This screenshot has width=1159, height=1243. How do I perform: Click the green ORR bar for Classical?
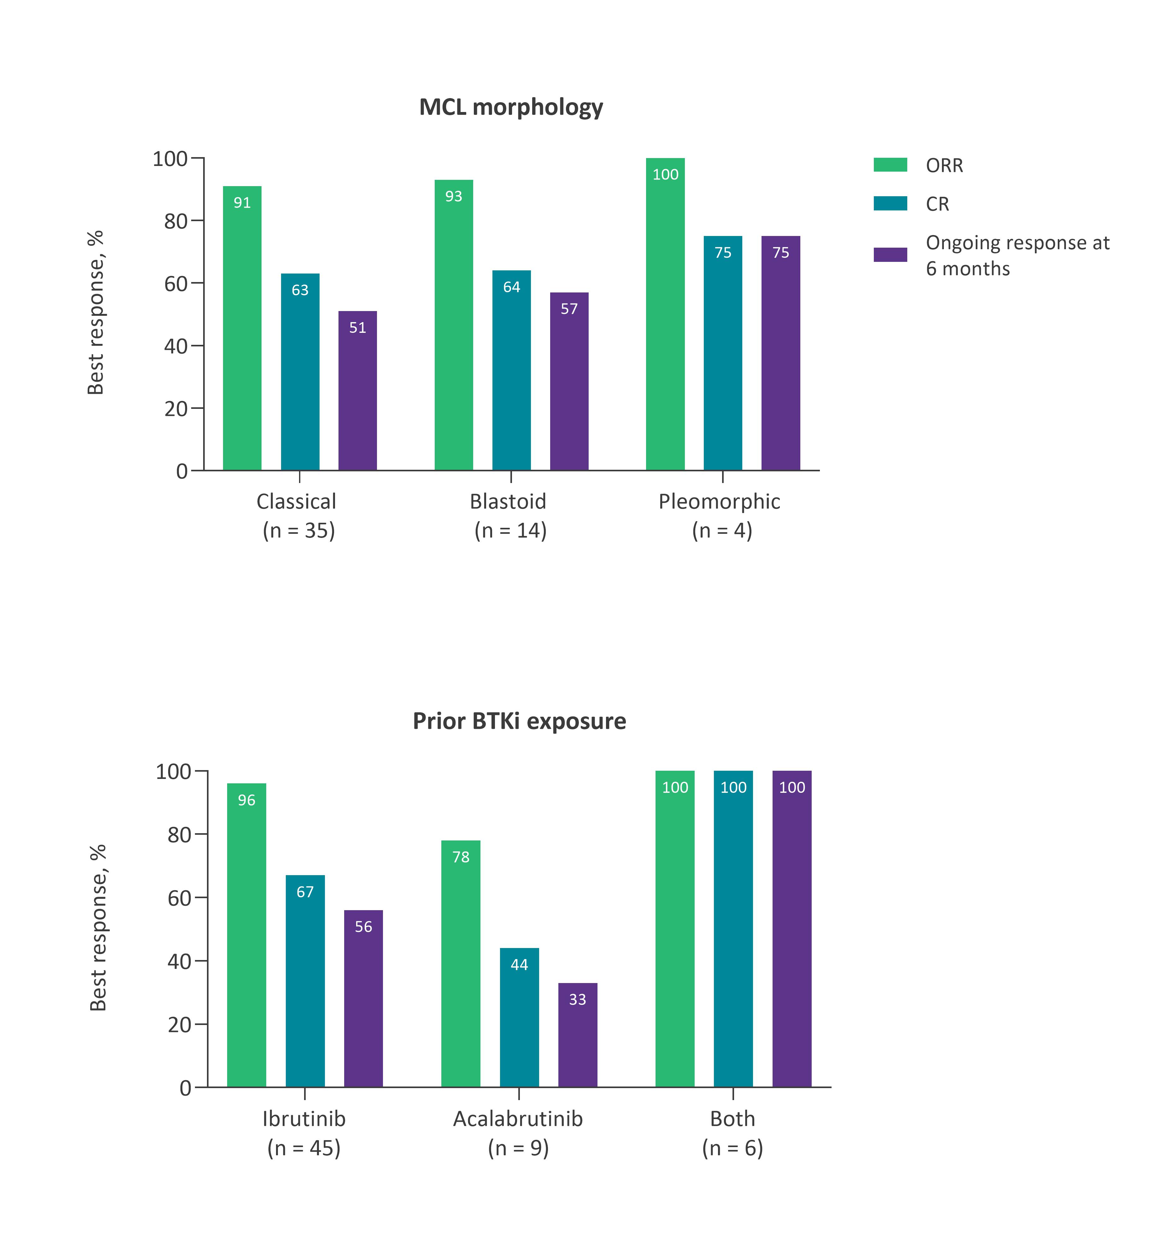tap(242, 328)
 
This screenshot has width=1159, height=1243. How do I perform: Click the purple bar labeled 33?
tap(578, 1035)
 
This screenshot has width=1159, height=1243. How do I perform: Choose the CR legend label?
tap(937, 204)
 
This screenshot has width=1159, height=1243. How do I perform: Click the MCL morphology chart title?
tap(511, 107)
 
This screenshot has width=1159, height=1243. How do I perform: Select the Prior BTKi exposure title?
tap(519, 721)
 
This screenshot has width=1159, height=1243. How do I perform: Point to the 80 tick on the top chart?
tap(176, 221)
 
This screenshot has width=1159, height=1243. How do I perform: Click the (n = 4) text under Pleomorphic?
tap(722, 530)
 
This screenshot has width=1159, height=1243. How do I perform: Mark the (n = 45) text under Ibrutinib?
tap(304, 1148)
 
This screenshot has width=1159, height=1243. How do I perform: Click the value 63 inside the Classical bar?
tap(300, 290)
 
